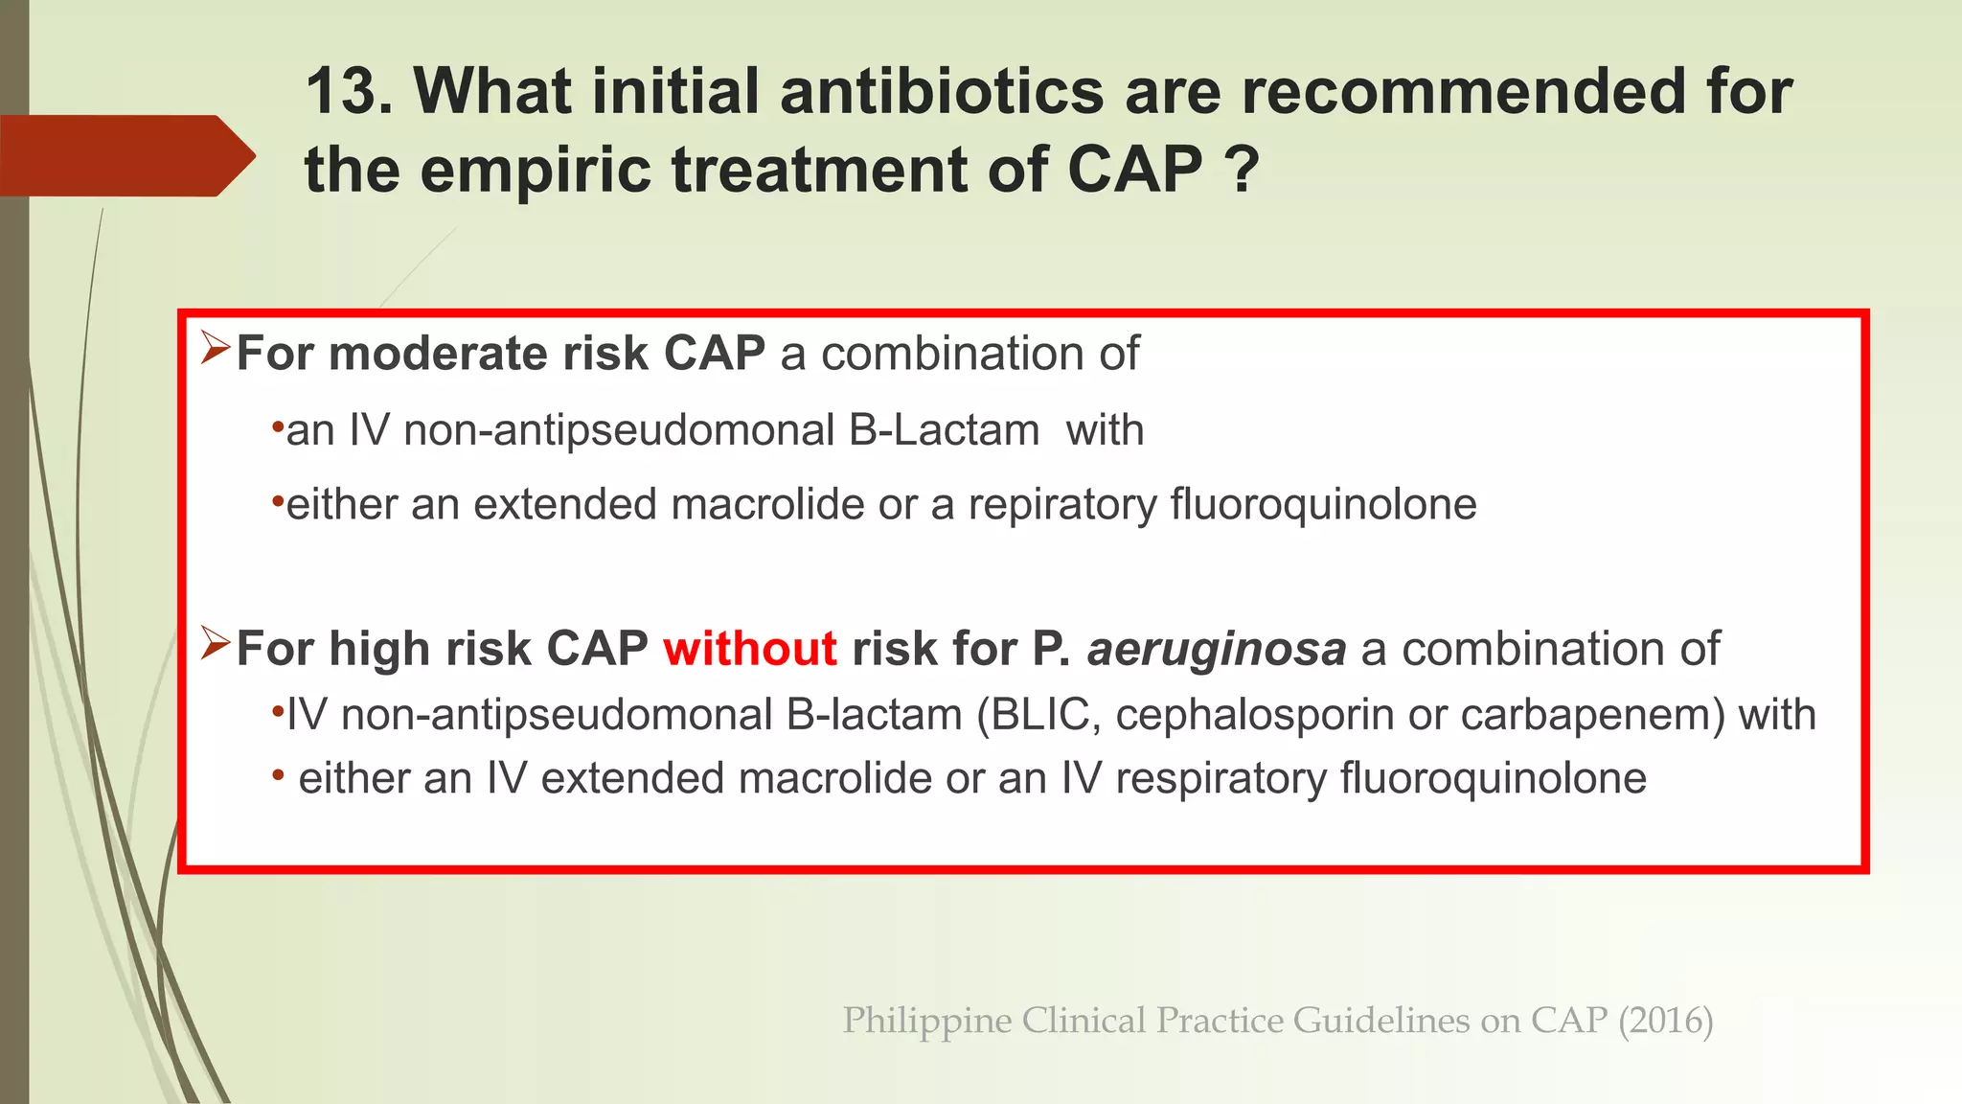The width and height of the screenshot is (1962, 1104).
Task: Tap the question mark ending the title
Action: (x=1242, y=170)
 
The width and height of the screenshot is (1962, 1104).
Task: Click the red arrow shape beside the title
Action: (x=125, y=156)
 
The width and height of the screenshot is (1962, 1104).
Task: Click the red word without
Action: (x=749, y=649)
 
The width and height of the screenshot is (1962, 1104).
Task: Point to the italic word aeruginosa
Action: (x=1216, y=649)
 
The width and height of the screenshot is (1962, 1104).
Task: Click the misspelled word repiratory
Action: (x=1062, y=505)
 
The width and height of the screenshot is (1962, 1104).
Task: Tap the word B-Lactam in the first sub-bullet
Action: (x=944, y=430)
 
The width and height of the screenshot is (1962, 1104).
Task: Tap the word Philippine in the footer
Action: (x=925, y=1021)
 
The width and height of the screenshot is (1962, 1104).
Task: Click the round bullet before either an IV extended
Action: (x=278, y=774)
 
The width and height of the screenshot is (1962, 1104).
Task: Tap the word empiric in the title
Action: (x=537, y=170)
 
